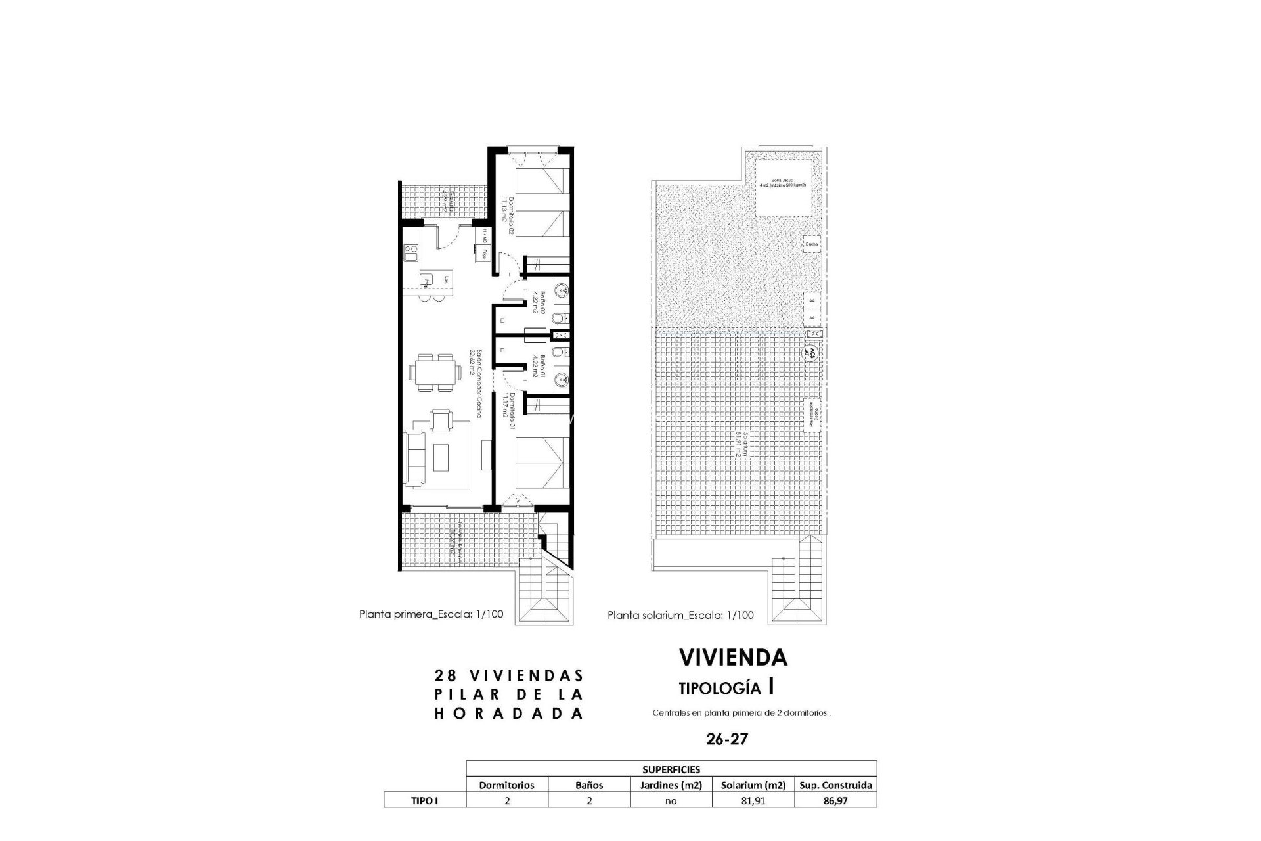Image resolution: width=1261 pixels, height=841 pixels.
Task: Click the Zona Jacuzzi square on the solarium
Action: [785, 187]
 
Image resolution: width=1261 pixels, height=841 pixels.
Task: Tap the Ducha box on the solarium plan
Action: [812, 244]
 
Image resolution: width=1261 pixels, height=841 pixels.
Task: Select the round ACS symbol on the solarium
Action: [810, 351]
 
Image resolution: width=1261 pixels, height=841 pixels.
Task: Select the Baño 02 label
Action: [536, 302]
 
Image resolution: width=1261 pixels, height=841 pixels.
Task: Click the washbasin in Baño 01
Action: [562, 380]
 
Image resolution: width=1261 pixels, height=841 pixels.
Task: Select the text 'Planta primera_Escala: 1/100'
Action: [431, 614]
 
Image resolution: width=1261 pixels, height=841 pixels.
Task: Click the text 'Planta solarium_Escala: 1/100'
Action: [680, 616]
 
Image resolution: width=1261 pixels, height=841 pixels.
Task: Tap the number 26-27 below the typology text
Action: [727, 739]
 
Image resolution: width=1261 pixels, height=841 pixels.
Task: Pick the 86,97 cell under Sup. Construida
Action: [835, 800]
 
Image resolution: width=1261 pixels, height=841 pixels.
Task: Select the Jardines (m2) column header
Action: [671, 784]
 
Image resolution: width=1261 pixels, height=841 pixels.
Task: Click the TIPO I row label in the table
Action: [424, 800]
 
